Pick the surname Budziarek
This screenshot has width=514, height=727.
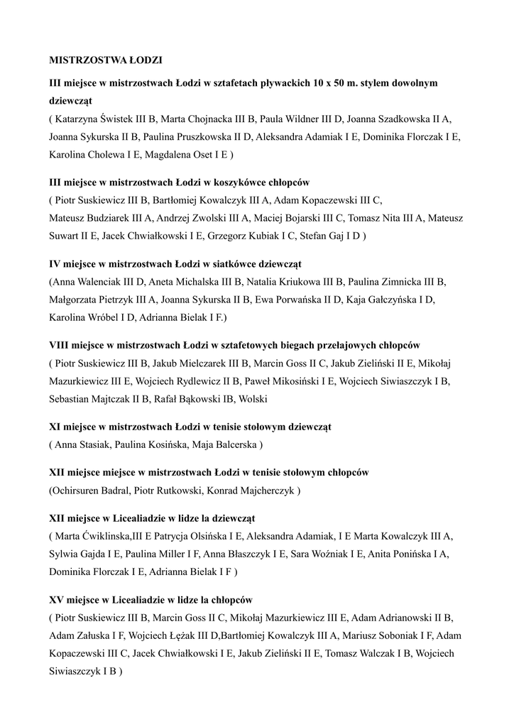[106, 218]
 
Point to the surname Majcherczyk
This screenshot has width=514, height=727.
[266, 491]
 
